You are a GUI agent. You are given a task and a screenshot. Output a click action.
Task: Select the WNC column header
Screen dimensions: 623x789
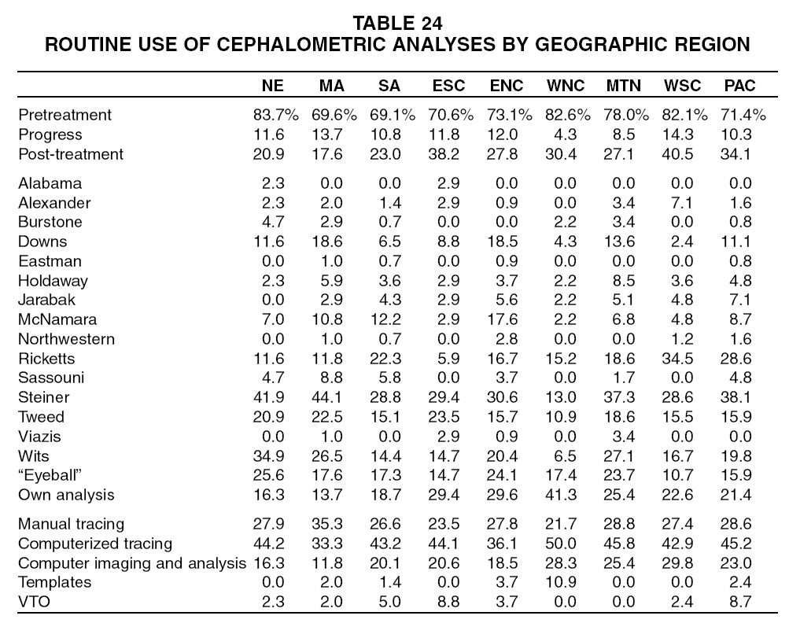point(563,86)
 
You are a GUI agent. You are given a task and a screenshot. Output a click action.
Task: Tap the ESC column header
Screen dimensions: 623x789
point(448,86)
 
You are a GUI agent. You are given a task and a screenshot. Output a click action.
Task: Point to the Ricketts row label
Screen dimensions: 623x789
point(46,359)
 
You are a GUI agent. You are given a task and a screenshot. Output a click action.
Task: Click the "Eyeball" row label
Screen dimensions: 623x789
point(49,475)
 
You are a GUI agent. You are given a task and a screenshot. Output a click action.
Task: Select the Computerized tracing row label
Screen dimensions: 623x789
point(94,544)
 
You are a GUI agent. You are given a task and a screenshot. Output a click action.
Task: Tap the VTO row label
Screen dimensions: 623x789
point(34,602)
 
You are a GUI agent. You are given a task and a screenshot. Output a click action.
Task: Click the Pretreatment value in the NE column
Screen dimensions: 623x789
point(271,115)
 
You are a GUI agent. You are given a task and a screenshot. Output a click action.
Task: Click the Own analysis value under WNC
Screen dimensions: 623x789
point(563,495)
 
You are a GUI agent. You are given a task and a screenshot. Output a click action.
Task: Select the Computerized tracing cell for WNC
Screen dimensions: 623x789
point(563,544)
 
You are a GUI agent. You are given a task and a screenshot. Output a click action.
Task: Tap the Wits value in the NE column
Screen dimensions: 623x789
point(271,455)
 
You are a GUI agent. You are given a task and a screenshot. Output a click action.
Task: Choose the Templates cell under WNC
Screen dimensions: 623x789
point(563,582)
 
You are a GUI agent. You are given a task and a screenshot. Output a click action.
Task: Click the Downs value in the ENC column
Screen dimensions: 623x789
point(507,241)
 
